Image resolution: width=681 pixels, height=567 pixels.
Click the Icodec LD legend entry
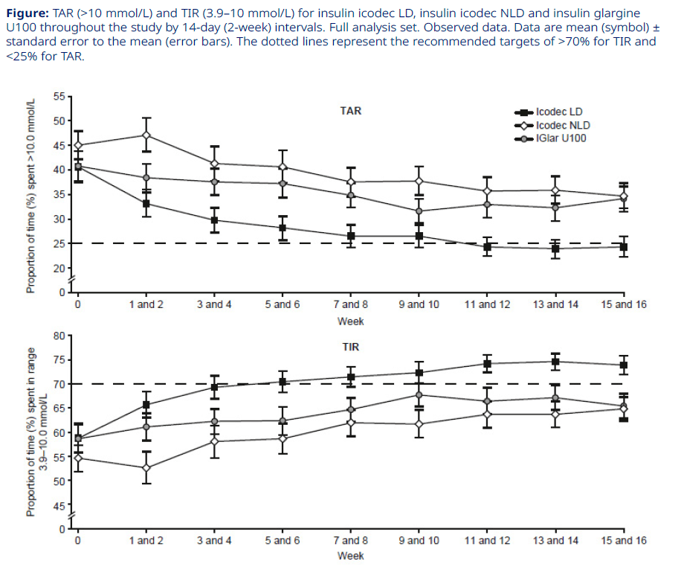[x=558, y=112]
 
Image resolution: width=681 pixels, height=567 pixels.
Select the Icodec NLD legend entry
[x=563, y=125]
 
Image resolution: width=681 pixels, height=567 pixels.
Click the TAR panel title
[x=351, y=111]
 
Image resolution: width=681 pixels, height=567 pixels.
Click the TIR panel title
[x=351, y=347]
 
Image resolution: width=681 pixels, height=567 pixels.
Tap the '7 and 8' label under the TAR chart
[x=351, y=305]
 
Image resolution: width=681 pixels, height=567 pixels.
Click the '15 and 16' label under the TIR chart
[x=624, y=540]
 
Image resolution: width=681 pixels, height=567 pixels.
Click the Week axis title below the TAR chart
[x=351, y=321]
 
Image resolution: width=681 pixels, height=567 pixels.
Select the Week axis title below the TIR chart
[x=351, y=556]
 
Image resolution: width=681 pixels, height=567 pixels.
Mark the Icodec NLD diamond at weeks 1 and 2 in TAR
[x=146, y=135]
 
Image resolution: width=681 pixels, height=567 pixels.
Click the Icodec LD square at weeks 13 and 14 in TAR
[x=555, y=249]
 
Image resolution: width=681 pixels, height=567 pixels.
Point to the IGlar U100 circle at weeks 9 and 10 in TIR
[x=419, y=395]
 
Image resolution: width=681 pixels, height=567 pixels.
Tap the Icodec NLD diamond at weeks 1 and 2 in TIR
[x=146, y=468]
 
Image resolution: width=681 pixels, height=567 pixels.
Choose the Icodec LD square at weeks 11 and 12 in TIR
[x=487, y=364]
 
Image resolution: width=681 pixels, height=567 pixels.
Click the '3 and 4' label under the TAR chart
[x=214, y=305]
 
